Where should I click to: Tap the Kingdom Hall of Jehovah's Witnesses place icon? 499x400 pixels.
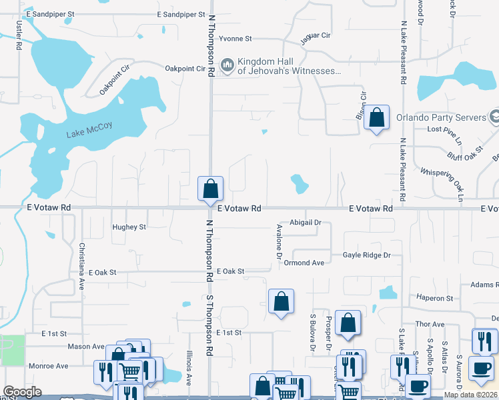tap(227, 64)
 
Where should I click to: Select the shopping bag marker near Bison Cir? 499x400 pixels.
tap(377, 117)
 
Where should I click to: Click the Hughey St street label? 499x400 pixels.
tap(129, 227)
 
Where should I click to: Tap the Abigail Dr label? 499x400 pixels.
tap(306, 223)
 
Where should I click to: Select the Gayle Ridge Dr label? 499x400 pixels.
tap(366, 255)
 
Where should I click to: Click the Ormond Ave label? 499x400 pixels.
tap(304, 263)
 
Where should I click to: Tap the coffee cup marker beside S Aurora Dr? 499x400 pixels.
tap(481, 368)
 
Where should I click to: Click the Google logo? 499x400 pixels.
tap(22, 392)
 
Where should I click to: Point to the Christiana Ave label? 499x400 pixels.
tap(82, 265)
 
